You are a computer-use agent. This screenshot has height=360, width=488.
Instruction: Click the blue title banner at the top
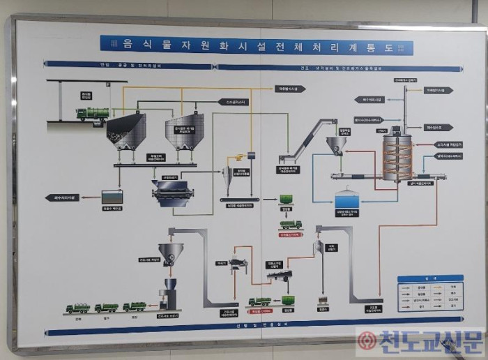256,45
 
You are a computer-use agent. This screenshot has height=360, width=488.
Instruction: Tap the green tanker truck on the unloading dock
93,113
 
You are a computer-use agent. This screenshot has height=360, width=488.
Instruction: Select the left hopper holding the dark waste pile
126,131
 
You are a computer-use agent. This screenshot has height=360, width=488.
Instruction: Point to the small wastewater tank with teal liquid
112,197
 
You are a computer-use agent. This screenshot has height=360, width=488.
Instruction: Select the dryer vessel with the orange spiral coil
397,156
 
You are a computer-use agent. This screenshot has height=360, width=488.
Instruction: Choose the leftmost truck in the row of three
77,308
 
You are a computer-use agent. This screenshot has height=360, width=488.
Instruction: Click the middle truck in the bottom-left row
106,308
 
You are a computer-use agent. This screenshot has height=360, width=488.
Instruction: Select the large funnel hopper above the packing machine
170,253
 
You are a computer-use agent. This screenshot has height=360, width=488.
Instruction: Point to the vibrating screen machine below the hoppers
174,192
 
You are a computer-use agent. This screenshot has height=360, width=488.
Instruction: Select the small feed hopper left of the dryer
337,144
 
